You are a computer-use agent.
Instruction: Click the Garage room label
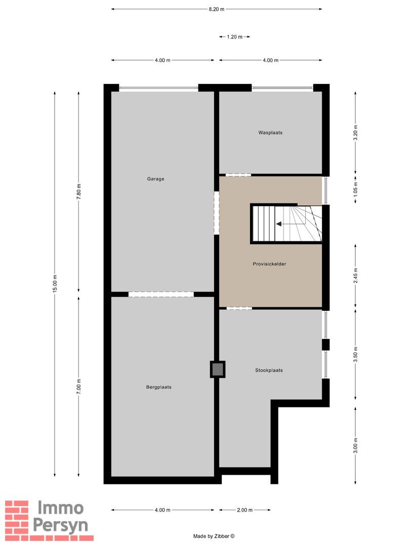tap(155, 178)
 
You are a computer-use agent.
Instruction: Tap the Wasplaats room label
tap(270, 132)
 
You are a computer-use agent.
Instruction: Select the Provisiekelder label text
tap(270, 264)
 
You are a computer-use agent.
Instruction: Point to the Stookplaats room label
tap(269, 370)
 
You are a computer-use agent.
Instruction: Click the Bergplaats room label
tap(158, 387)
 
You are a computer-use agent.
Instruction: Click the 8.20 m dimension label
tap(216, 9)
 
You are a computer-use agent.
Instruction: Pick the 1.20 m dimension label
tap(234, 37)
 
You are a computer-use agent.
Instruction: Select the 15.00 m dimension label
tap(55, 283)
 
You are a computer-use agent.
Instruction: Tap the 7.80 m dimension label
tap(78, 192)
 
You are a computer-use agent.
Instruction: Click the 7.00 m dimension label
tap(78, 387)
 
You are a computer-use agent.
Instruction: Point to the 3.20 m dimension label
tap(355, 132)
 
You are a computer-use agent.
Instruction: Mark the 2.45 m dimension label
tap(355, 276)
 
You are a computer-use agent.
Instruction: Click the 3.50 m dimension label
tap(355, 352)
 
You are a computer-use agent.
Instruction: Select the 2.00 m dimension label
tap(244, 510)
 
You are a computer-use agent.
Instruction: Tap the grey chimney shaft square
tap(218, 370)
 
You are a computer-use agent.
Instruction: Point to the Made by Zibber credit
tap(214, 536)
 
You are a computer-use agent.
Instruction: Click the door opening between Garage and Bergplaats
tap(161, 294)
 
